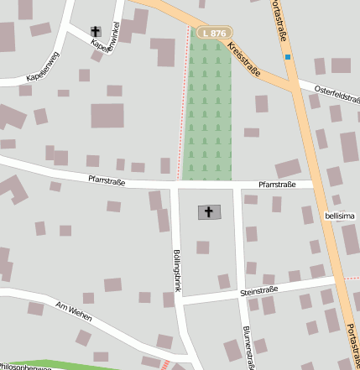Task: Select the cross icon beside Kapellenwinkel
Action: pos(96,31)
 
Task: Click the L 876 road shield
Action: pos(213,33)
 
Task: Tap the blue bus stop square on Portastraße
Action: pos(288,57)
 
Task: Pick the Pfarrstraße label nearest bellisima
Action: pos(277,184)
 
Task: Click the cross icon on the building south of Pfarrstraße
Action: pos(210,212)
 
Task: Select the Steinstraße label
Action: pos(258,290)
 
